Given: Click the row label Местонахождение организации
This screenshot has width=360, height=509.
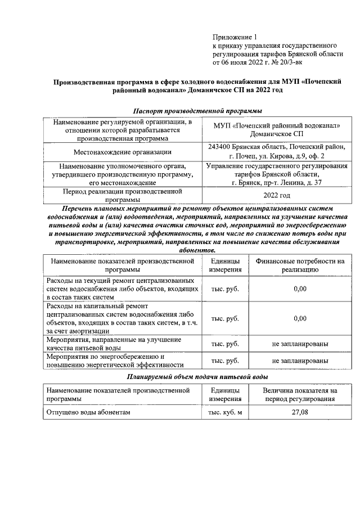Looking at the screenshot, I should (123, 151).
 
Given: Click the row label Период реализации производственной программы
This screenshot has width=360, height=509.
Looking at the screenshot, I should (123, 195).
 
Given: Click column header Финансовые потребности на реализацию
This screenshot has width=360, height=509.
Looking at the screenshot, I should (300, 265).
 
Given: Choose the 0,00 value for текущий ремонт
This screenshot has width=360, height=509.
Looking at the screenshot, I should (300, 289).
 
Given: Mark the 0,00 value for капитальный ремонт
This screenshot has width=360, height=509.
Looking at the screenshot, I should (300, 318).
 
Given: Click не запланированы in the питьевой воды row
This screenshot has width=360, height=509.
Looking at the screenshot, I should (300, 344).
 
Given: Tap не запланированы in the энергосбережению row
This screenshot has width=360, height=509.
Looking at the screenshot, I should (300, 361).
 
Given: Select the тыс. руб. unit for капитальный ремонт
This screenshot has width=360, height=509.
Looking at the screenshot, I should (224, 318).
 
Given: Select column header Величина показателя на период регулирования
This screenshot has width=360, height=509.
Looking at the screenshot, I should (300, 394).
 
